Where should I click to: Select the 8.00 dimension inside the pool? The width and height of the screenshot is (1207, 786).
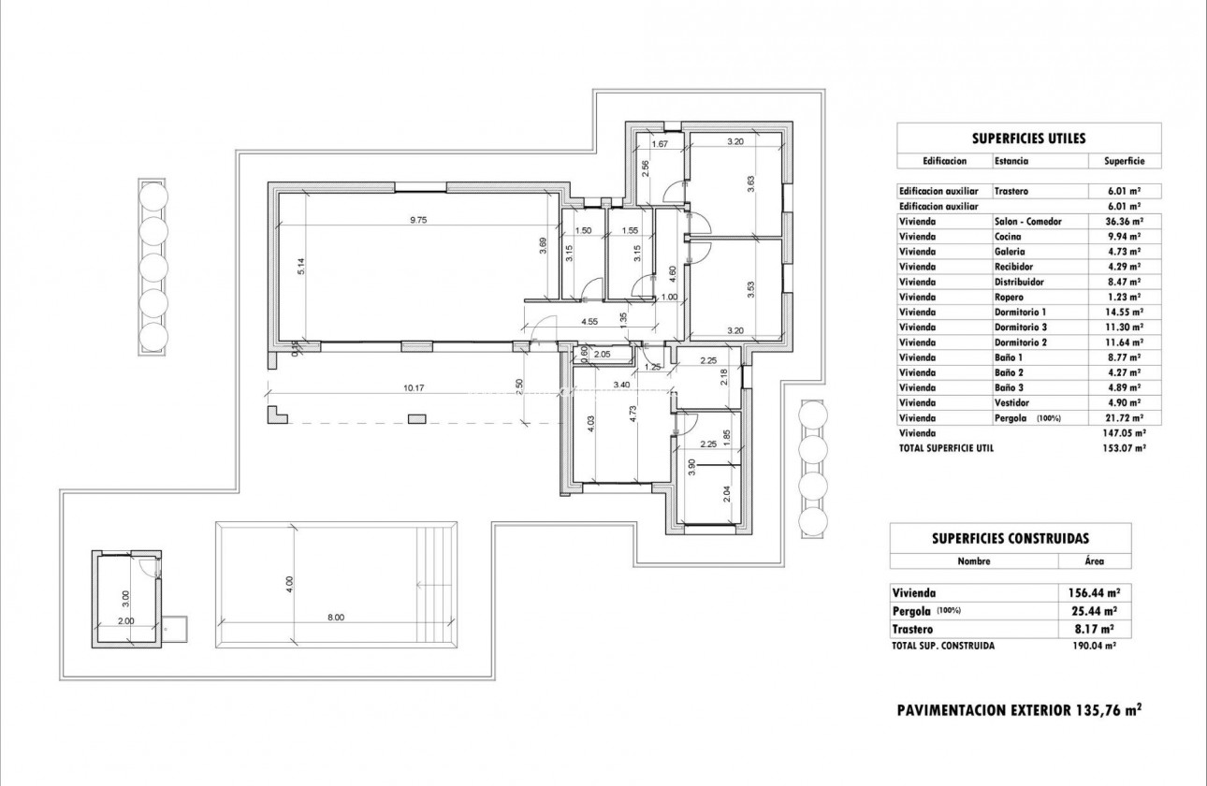pyautogui.click(x=336, y=617)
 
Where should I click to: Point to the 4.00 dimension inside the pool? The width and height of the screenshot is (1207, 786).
pyautogui.click(x=290, y=582)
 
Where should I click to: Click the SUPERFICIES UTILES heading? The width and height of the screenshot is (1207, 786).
pyautogui.click(x=1028, y=138)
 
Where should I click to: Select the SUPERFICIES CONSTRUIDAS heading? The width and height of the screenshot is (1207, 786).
pyautogui.click(x=1010, y=538)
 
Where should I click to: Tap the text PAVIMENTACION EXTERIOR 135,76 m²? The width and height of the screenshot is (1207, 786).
pyautogui.click(x=1019, y=710)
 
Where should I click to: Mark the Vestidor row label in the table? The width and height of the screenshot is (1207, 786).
pyautogui.click(x=1012, y=402)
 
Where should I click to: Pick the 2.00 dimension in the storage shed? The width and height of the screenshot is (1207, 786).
pyautogui.click(x=126, y=620)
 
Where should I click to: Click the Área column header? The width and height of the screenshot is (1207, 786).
pyautogui.click(x=1093, y=561)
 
